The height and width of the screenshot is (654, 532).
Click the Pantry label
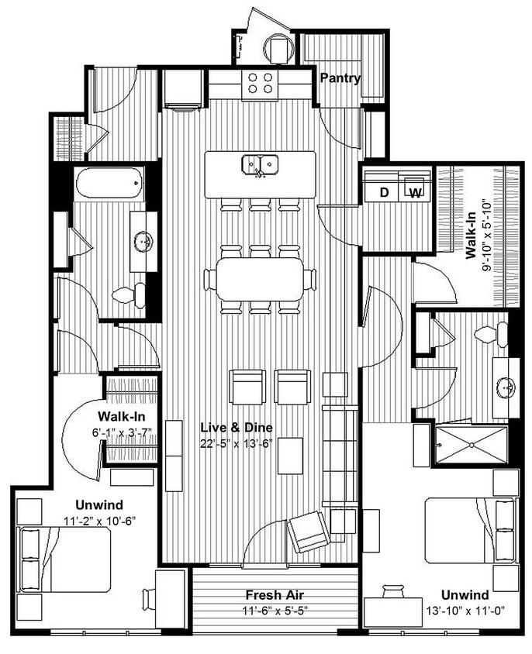click(x=340, y=78)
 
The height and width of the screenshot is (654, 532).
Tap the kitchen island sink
click(x=260, y=164)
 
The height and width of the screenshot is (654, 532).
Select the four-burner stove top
click(x=260, y=83)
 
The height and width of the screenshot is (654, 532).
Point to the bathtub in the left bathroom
click(x=109, y=184)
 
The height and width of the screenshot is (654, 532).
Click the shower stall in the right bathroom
click(x=471, y=444)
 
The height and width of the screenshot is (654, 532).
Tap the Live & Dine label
click(x=237, y=428)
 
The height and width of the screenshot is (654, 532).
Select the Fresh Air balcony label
click(x=274, y=595)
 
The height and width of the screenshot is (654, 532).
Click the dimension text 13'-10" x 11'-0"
click(x=465, y=610)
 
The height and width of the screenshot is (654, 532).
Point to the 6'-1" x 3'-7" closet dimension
click(x=113, y=432)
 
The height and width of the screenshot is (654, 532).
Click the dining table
click(x=260, y=279)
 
